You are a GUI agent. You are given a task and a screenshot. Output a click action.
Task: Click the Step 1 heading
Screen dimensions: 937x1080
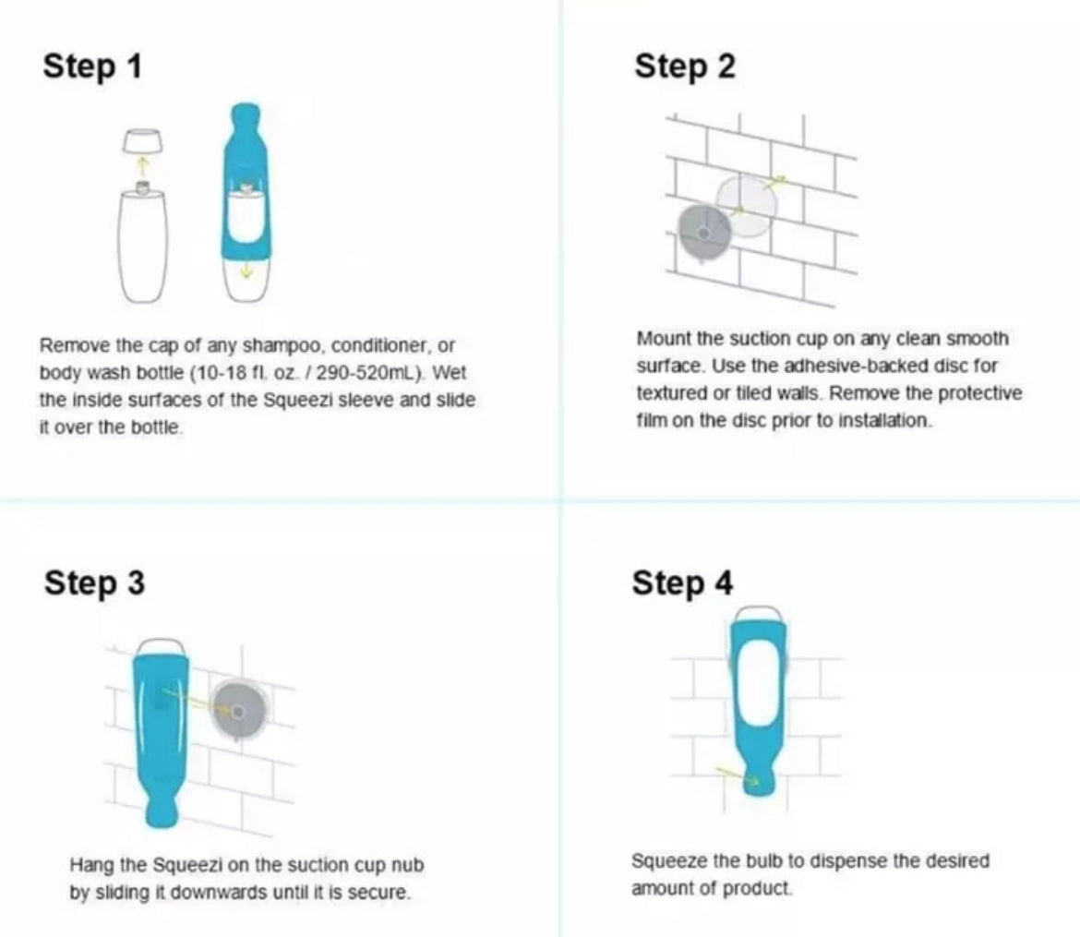click(x=92, y=66)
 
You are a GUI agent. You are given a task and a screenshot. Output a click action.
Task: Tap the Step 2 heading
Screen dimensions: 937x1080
click(x=685, y=66)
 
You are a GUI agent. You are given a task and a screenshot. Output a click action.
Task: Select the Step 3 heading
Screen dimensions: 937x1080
click(x=94, y=583)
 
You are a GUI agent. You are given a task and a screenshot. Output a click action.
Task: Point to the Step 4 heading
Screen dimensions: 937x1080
click(x=682, y=583)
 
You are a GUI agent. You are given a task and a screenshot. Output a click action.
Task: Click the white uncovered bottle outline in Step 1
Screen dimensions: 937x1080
click(x=143, y=245)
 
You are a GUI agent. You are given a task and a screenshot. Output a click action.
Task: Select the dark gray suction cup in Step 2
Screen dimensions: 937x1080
click(x=703, y=231)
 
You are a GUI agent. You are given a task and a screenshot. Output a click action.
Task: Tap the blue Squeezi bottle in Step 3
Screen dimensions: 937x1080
click(x=162, y=729)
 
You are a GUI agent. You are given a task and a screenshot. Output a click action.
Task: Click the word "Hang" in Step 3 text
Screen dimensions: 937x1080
click(x=89, y=866)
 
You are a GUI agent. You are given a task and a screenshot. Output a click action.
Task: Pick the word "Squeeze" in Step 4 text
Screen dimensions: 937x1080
click(x=669, y=861)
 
